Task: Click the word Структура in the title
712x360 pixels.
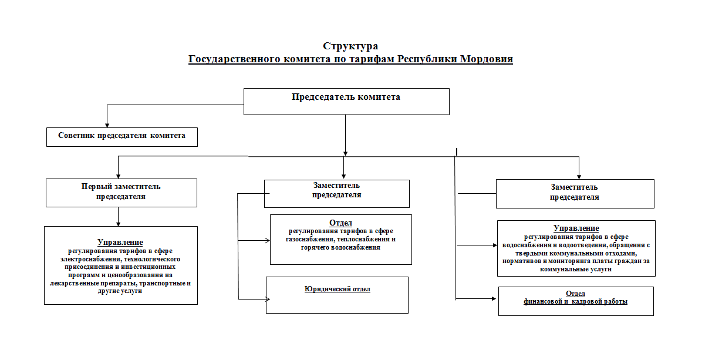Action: point(350,46)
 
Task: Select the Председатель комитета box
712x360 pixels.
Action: point(346,102)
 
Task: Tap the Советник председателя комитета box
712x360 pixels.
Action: point(122,137)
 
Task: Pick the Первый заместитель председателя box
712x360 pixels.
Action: point(122,193)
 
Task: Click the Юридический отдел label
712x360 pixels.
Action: point(338,289)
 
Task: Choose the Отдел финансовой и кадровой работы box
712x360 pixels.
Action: point(576,301)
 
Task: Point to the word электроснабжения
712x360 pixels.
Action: point(89,259)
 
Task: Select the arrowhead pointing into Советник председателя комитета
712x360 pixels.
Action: point(107,125)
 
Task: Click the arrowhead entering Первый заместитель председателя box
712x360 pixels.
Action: point(118,176)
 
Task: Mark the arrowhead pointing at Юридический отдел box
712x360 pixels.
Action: point(268,299)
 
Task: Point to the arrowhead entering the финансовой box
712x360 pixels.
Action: point(494,298)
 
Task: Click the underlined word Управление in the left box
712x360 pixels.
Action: point(120,243)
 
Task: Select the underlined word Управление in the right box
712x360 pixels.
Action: point(576,228)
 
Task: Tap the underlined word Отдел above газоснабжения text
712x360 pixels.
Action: point(341,223)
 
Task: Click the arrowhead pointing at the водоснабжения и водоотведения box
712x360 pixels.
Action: point(495,245)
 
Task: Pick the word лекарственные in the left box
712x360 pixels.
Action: point(71,283)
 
